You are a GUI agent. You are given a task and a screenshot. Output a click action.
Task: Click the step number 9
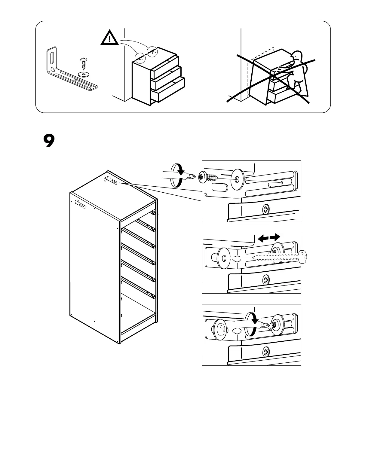coord(49,141)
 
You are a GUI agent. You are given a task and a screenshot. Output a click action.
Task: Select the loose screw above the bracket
coord(84,63)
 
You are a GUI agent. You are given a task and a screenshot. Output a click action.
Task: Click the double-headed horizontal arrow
coord(269,238)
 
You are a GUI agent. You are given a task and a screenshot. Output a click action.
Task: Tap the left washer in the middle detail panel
coord(224,258)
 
